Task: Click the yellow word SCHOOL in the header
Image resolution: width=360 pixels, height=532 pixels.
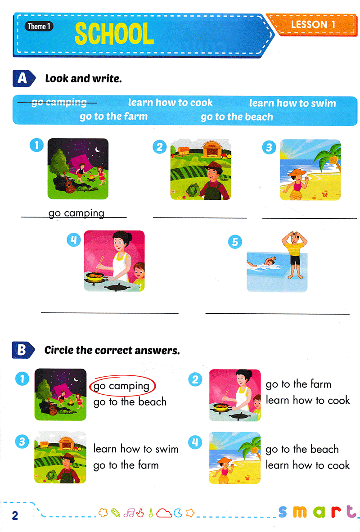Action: [x=114, y=34]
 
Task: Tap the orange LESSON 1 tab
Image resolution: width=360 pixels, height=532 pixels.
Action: [x=313, y=24]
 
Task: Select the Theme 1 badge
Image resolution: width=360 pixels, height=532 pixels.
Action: [x=39, y=26]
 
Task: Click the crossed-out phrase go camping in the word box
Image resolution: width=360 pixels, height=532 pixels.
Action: [x=59, y=103]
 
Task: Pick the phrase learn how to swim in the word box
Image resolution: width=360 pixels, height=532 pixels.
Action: [x=292, y=103]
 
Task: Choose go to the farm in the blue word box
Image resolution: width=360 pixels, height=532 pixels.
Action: [x=113, y=117]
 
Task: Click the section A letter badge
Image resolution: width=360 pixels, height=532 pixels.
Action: [x=22, y=78]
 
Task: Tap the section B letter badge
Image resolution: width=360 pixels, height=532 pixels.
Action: [x=22, y=349]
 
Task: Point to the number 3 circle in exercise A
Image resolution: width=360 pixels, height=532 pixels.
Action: [x=269, y=147]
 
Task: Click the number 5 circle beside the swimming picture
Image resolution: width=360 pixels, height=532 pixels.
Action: [x=234, y=242]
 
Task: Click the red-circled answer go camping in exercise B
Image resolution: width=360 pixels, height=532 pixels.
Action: [x=121, y=386]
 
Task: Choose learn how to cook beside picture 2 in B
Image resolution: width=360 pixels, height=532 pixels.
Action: [x=308, y=400]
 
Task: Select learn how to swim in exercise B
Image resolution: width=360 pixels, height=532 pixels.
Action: [x=136, y=449]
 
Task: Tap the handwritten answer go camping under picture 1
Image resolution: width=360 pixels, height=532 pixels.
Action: [x=76, y=213]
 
